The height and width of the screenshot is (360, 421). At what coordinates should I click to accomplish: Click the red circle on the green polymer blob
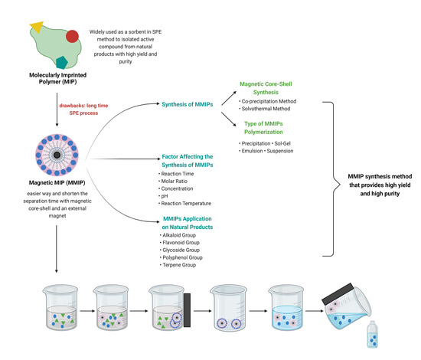(70, 35)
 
